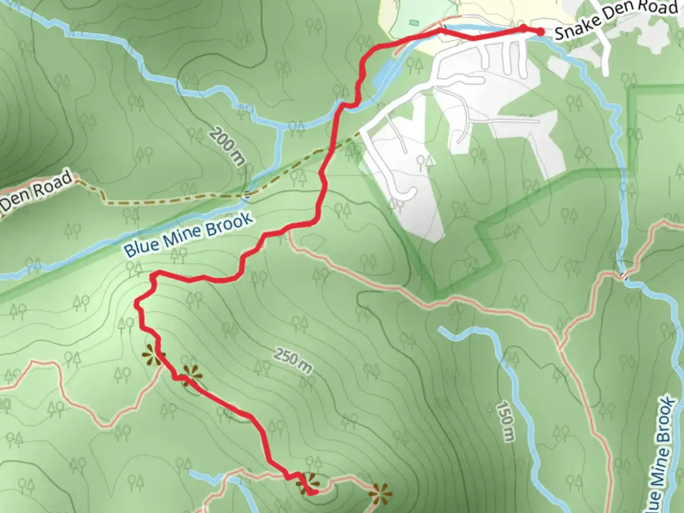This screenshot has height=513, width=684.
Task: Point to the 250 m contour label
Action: coord(293,361)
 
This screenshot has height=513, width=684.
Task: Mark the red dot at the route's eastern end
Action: coord(540,32)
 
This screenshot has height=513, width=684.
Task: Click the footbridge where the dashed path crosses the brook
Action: coord(247,194)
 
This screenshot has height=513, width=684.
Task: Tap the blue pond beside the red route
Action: coord(387,74)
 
